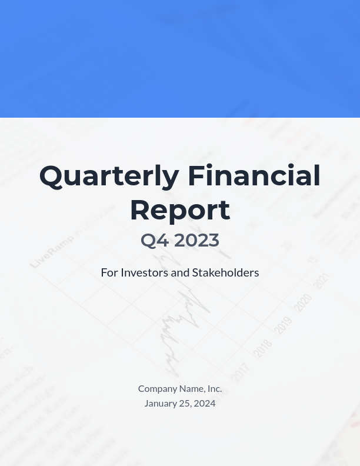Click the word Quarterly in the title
point(109,176)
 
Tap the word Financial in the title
point(254,176)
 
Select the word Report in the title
point(180,210)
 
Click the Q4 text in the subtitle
point(155,240)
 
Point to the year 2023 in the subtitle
point(196,240)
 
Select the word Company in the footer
point(157,388)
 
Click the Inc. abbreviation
point(215,388)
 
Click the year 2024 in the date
point(205,403)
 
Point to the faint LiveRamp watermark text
point(52,251)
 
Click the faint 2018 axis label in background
point(262,348)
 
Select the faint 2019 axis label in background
point(283,325)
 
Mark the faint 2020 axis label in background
point(302,302)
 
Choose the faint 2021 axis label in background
point(321,281)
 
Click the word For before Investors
point(109,272)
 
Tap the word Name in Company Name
point(192,388)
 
